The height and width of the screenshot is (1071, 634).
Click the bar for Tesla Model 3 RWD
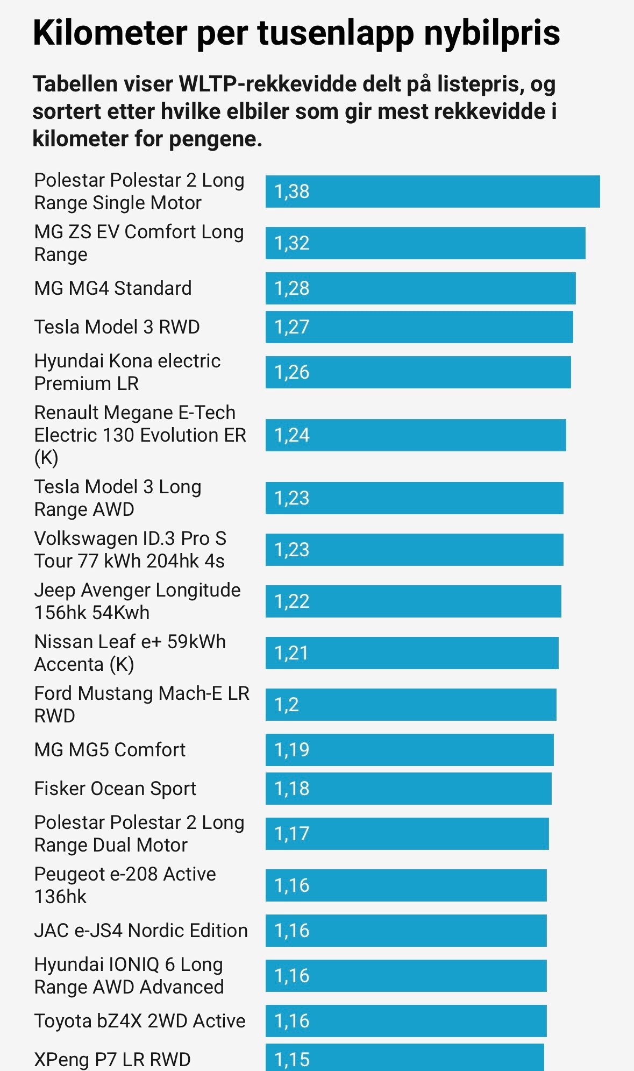(x=419, y=327)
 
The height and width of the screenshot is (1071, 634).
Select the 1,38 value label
(x=292, y=191)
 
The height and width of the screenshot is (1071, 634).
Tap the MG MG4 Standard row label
(x=113, y=288)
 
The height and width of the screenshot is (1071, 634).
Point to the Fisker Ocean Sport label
(x=115, y=789)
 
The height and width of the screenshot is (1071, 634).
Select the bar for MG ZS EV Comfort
(x=425, y=243)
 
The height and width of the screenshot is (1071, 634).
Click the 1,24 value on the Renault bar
(x=292, y=435)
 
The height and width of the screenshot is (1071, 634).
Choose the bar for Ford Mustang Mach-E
(x=411, y=705)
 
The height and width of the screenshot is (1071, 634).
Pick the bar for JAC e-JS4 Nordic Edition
(x=406, y=931)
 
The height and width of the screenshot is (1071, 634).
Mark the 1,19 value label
(x=292, y=750)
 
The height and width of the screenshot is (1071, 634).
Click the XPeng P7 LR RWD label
(x=112, y=1060)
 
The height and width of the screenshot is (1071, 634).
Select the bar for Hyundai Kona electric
(x=418, y=372)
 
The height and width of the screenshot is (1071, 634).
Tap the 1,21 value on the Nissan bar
(x=291, y=653)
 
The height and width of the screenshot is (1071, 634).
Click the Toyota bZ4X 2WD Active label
(x=140, y=1021)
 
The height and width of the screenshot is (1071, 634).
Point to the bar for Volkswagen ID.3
(x=414, y=550)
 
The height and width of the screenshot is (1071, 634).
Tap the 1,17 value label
(x=292, y=834)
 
